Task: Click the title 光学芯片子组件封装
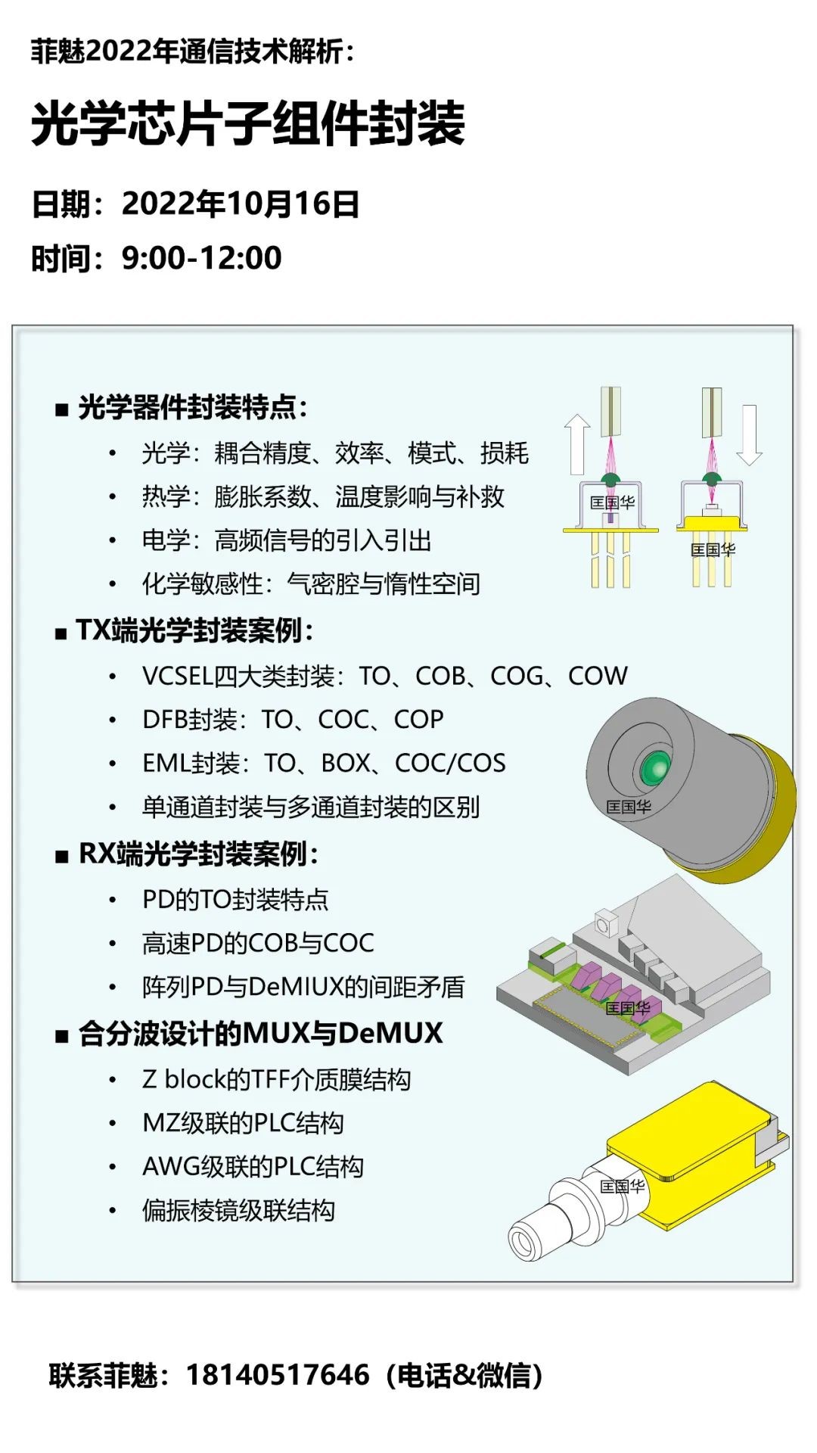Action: click(248, 123)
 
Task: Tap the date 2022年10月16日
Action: click(241, 204)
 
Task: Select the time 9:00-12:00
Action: click(201, 258)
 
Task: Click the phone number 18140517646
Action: click(278, 1375)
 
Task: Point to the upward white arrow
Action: click(577, 444)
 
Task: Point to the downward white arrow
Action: click(749, 435)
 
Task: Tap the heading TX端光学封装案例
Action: click(194, 630)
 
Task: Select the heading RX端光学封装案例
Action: click(198, 854)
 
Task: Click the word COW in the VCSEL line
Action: click(598, 676)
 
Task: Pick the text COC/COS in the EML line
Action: click(450, 763)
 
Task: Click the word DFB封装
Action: click(189, 720)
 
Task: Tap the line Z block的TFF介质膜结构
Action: click(276, 1079)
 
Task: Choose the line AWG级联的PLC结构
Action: click(253, 1166)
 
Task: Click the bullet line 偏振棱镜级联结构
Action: click(238, 1210)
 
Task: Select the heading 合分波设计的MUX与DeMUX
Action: click(260, 1033)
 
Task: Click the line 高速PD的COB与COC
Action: click(258, 943)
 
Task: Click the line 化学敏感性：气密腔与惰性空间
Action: click(311, 583)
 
